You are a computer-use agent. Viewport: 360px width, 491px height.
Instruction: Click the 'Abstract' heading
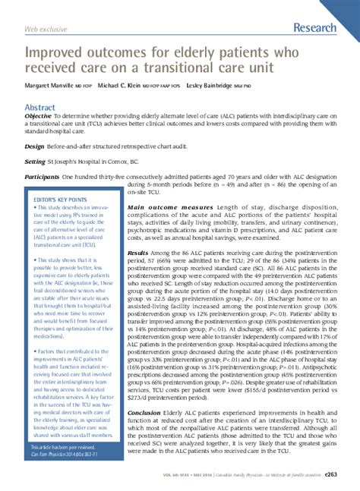pyautogui.click(x=41, y=108)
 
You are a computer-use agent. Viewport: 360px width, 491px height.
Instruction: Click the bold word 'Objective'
pyautogui.click(x=40, y=116)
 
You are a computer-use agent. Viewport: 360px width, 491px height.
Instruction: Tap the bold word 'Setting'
pyautogui.click(x=35, y=162)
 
